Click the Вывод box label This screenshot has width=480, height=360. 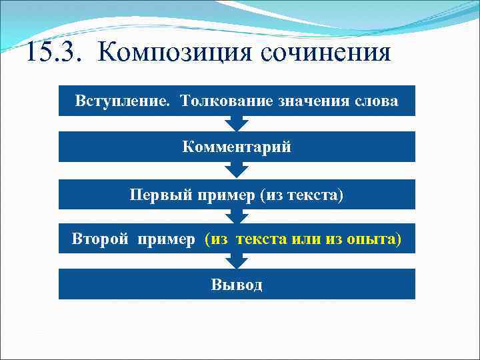coord(237,285)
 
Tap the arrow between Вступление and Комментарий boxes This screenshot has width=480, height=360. coord(237,123)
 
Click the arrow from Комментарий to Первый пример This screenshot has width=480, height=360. coord(237,170)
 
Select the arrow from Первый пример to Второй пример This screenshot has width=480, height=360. coord(237,216)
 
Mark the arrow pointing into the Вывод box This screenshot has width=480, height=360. coord(237,261)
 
